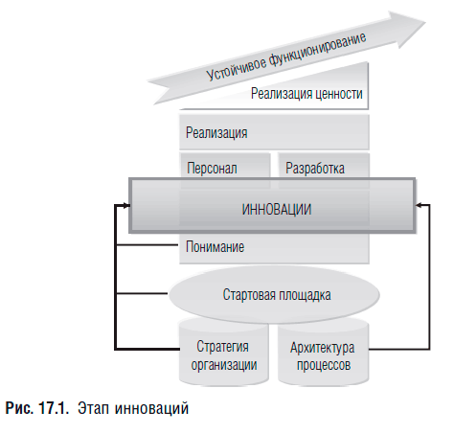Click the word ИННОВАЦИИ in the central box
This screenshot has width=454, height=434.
coord(277,210)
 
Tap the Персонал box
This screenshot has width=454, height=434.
coord(225,166)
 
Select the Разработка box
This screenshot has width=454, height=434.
coord(324,166)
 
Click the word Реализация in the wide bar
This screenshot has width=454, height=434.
coord(216,132)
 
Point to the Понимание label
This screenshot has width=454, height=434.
coord(215,247)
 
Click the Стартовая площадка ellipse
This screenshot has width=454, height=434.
coord(274,295)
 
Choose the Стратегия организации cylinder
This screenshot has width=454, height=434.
coord(224,352)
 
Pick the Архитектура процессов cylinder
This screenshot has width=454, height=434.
coord(324,353)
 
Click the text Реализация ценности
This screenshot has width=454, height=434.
coord(306,94)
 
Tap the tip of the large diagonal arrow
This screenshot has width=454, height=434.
coord(425,23)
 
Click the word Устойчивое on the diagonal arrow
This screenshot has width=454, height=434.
coord(237,68)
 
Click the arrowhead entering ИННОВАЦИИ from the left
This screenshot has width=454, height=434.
coord(126,206)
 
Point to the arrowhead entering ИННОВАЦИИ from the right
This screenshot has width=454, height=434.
coord(419,206)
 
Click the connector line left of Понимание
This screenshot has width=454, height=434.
coord(148,245)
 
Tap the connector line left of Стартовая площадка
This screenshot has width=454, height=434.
coord(142,293)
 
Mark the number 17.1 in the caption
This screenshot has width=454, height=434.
coord(54,408)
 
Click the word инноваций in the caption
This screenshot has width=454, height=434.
coord(151,408)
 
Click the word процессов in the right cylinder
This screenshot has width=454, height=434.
coord(324,365)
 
